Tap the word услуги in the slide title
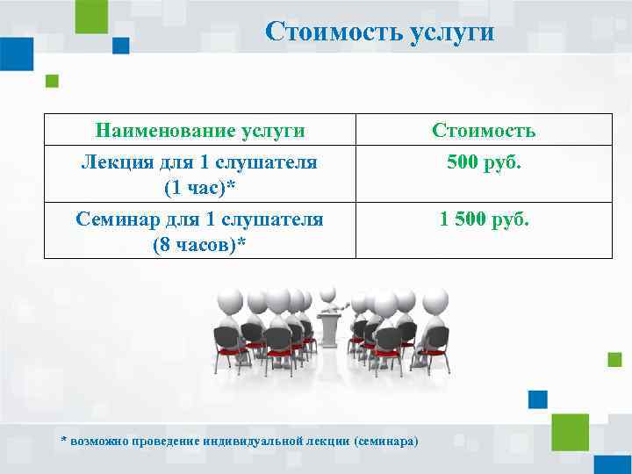click(451, 32)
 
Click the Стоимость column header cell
click(484, 131)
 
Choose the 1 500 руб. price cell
click(484, 218)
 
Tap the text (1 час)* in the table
click(199, 188)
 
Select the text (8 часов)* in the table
click(199, 244)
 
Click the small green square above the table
click(52, 81)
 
